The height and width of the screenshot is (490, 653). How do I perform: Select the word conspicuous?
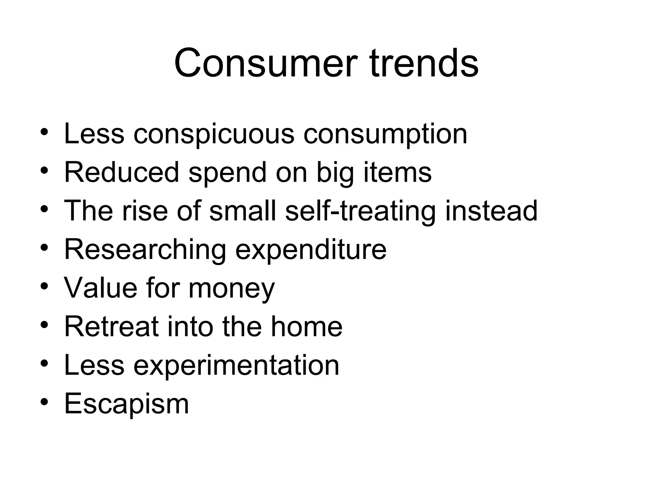(x=214, y=134)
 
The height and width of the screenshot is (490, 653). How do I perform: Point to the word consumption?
(x=385, y=134)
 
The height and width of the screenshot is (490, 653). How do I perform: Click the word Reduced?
(x=122, y=172)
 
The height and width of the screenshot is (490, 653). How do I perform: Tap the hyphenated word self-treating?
(x=360, y=211)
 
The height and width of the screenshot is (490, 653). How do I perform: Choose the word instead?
(x=491, y=211)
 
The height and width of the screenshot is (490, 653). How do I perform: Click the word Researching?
(x=145, y=249)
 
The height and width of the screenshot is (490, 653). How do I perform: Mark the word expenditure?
(x=311, y=249)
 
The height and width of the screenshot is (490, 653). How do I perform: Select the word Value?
(x=101, y=288)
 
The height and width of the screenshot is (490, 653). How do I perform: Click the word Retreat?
(x=112, y=326)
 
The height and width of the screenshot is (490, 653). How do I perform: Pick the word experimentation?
(x=236, y=365)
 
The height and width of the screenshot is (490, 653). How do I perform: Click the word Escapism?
(x=127, y=404)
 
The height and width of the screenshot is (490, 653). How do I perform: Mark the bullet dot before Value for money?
(x=44, y=286)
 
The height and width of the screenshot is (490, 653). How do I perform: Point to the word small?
(x=243, y=211)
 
